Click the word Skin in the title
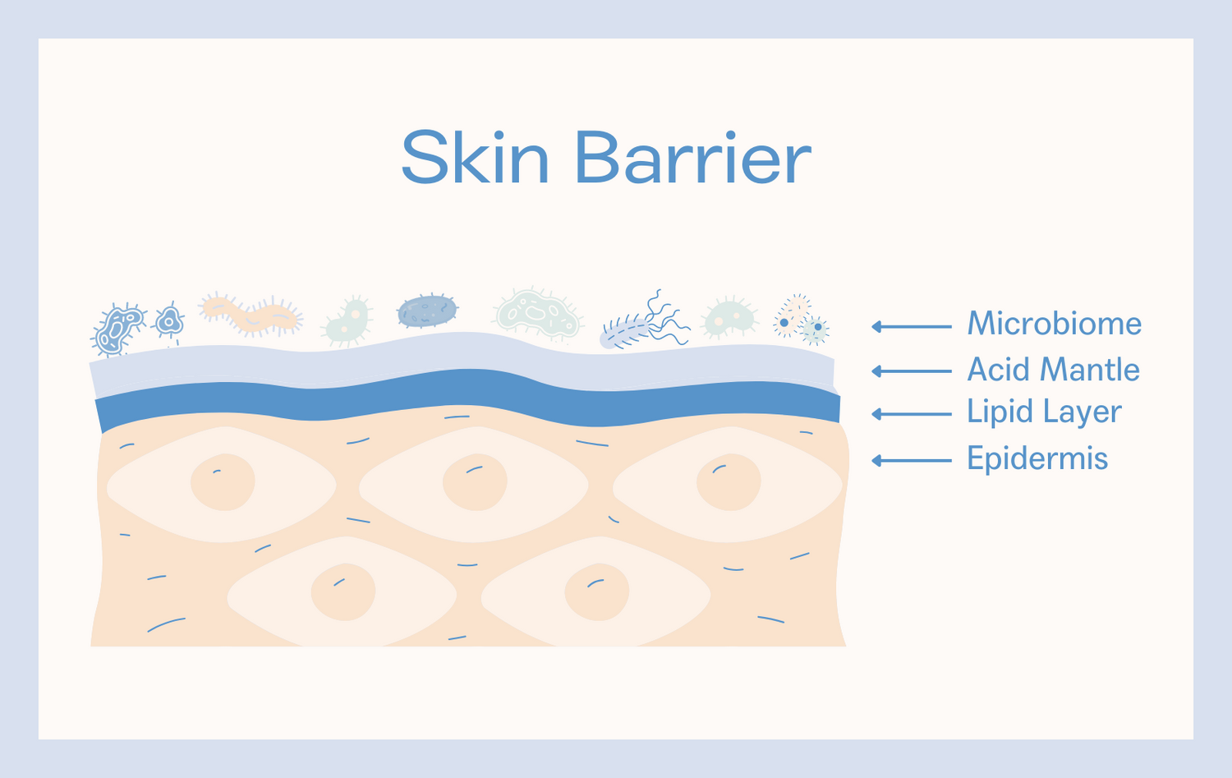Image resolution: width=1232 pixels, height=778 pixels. [x=476, y=157]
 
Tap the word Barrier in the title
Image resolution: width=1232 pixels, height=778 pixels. [x=693, y=157]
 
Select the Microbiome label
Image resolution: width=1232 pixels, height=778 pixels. [x=1055, y=323]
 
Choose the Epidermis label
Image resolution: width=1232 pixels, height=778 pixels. [x=1037, y=458]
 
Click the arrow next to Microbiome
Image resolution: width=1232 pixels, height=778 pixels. [x=912, y=327]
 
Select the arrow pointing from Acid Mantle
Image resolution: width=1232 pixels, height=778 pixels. [x=912, y=371]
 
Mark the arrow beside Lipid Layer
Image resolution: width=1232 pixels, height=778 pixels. [x=912, y=414]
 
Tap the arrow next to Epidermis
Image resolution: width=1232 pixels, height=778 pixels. [x=912, y=461]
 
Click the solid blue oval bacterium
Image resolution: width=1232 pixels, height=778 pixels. [x=427, y=311]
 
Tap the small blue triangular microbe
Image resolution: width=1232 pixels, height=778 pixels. [x=169, y=320]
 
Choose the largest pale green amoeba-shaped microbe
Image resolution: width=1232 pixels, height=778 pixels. [x=537, y=314]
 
